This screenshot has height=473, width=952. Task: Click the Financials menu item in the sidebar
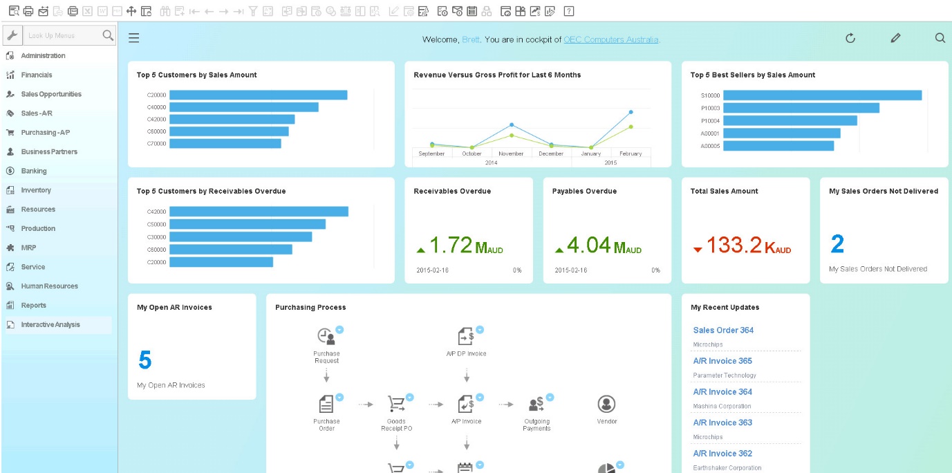36,75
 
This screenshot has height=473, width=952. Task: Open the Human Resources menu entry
49,286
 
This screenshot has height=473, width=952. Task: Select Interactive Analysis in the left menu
50,324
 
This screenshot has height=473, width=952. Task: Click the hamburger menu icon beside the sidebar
134,38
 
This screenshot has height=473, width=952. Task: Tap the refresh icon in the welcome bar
850,38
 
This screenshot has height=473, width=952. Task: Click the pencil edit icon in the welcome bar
895,38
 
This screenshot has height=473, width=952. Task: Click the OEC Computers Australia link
610,40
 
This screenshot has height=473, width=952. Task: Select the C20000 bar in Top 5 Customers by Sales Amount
258,95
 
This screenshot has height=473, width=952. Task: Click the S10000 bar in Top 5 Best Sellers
822,95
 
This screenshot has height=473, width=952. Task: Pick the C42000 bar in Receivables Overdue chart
259,212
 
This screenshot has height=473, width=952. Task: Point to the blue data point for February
631,111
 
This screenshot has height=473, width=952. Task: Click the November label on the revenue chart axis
511,154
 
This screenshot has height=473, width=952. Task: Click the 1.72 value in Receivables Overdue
451,245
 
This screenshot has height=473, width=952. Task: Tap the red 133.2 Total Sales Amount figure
734,245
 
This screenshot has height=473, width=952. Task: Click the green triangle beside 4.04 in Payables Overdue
559,250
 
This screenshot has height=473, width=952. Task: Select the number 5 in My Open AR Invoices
144,360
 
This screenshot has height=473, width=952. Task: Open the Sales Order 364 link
723,331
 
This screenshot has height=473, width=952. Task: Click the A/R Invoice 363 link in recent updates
722,423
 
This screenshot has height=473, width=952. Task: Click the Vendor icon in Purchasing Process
606,405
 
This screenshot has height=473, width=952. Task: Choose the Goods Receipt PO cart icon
396,404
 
